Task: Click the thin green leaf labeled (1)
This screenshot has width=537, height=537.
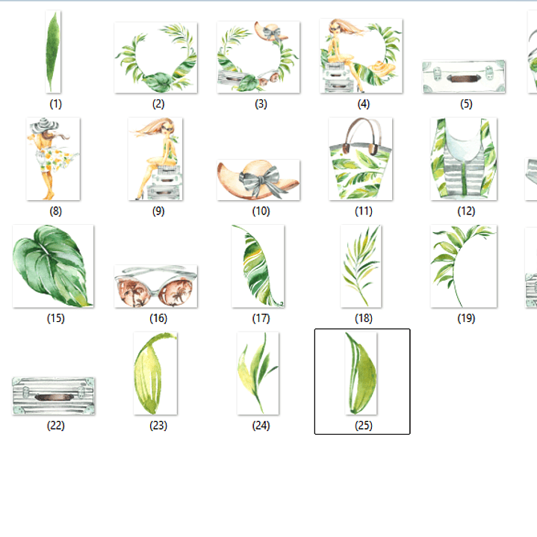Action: click(53, 52)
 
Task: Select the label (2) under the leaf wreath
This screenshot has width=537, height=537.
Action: click(158, 104)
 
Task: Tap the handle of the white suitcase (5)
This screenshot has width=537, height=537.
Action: click(464, 78)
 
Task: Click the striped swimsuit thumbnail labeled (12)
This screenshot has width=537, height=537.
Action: click(464, 159)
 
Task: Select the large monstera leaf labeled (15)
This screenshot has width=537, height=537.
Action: click(53, 266)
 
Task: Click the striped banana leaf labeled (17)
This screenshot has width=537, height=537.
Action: click(258, 266)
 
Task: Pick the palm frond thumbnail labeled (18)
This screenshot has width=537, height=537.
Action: click(361, 266)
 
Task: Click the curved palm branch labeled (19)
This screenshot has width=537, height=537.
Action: click(456, 260)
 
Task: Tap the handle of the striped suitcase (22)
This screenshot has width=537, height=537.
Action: click(54, 397)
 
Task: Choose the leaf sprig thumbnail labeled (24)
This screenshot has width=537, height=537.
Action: click(258, 373)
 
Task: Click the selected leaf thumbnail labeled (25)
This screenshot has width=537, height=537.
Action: click(361, 373)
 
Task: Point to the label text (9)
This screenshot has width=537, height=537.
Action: click(158, 211)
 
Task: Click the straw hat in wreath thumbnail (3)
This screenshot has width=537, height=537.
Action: click(271, 32)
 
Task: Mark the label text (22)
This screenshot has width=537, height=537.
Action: click(55, 426)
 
